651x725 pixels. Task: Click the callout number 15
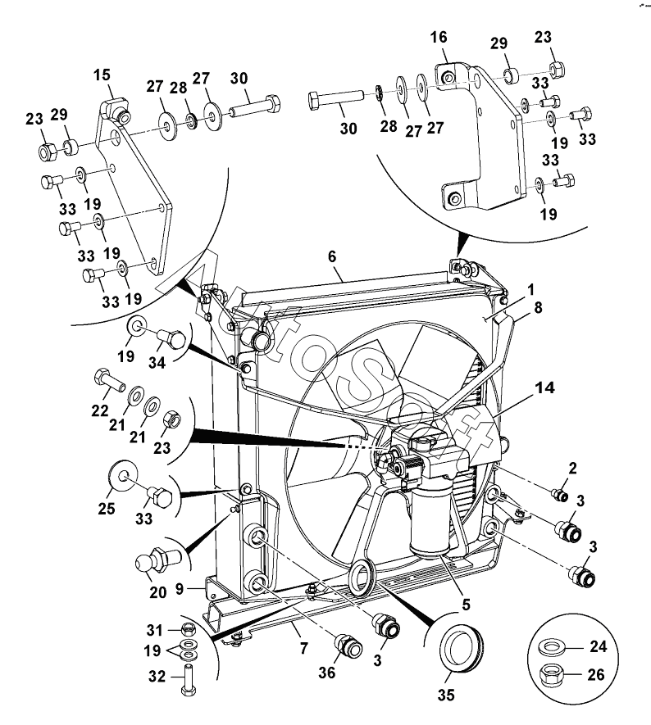click(102, 75)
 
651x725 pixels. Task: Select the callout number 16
click(439, 37)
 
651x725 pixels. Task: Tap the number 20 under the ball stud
click(157, 592)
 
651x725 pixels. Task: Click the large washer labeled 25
click(123, 475)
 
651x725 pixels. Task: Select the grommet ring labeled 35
click(461, 646)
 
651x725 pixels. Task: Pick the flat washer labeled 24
click(551, 646)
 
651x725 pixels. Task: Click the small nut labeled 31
click(189, 629)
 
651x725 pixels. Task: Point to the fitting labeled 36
click(348, 646)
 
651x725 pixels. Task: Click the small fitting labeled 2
click(561, 495)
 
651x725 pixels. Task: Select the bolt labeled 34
click(171, 340)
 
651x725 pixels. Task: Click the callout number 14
click(545, 387)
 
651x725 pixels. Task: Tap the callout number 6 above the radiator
click(332, 256)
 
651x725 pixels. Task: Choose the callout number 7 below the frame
click(303, 648)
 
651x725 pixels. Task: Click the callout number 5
click(466, 605)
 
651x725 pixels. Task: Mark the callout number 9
click(180, 589)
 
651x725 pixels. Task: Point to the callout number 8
click(538, 307)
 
